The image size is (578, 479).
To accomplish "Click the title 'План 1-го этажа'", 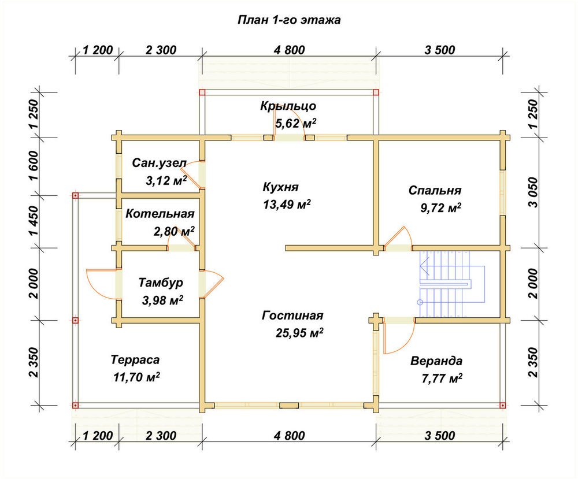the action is coord(289,20).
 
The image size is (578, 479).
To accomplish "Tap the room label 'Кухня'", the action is coord(280,187).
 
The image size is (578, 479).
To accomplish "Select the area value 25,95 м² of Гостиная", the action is coord(299,333).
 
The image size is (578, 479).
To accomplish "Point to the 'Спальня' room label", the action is coord(435,190).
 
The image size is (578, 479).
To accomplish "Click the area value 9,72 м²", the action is coord(440,208).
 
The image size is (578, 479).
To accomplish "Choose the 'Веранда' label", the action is coord(436,361).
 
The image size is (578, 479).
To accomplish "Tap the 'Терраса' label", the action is coord(135,359).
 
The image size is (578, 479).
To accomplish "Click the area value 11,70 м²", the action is coord(137,377).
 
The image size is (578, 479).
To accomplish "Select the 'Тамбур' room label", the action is coord(161,283).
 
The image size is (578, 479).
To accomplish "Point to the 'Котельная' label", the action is coord(160,214).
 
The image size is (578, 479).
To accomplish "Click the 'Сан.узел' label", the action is coord(160,163).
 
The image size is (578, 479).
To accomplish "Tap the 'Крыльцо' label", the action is coord(288,106).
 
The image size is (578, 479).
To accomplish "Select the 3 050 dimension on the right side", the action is coord(533,192).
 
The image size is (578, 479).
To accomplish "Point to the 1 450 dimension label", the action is coord(33,221).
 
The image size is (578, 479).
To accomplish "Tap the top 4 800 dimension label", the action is coord(290,50).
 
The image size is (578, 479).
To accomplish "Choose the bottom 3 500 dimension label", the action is coord(440,436).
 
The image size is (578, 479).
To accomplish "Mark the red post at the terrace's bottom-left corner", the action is coord(75,405).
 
